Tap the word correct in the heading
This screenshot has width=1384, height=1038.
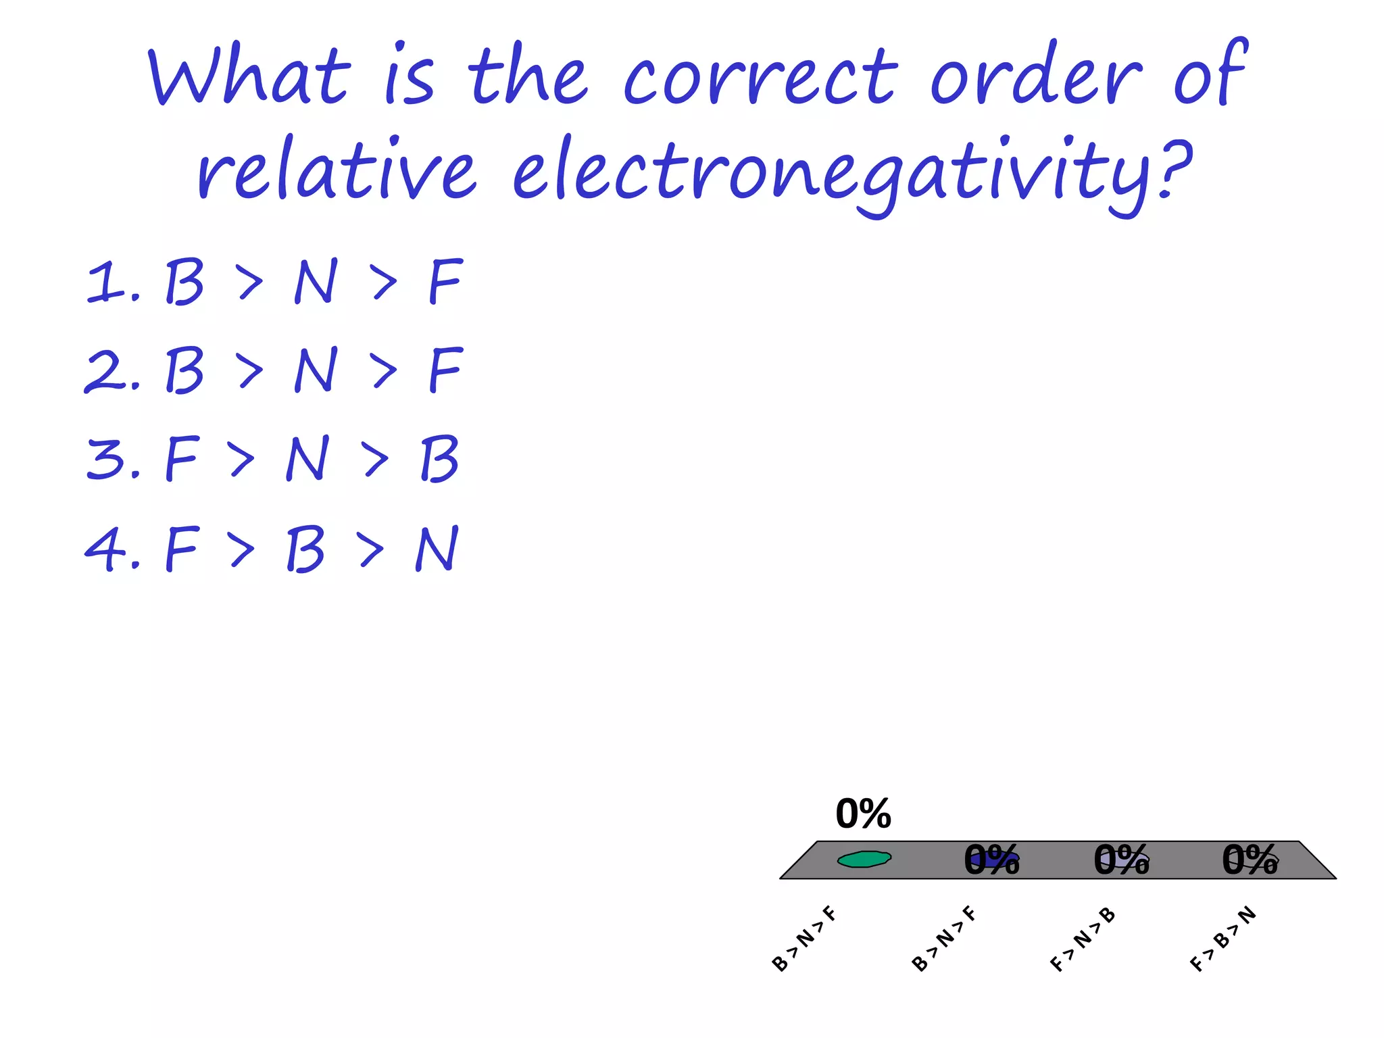tap(760, 76)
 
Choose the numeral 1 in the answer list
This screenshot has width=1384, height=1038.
tap(105, 282)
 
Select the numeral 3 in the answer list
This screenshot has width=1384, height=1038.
tap(105, 459)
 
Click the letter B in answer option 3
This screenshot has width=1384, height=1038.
tap(439, 459)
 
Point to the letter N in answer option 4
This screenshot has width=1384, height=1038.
tap(437, 549)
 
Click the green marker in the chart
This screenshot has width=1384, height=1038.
tap(864, 859)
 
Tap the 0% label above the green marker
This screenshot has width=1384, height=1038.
tap(863, 814)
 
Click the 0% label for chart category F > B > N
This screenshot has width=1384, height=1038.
tap(1250, 860)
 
